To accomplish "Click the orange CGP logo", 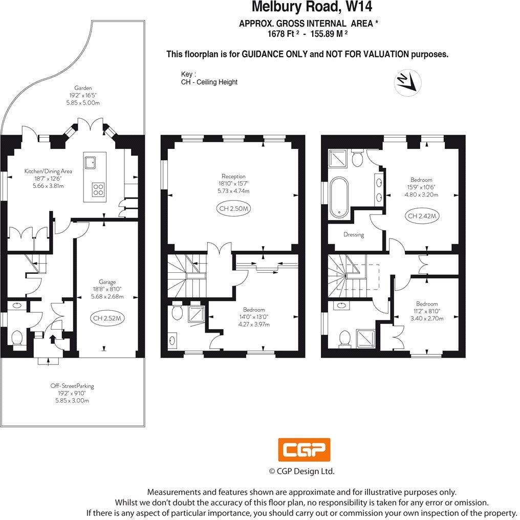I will tap(304, 450).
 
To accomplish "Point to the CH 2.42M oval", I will tap(423, 216).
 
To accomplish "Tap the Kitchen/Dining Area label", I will tap(48, 171).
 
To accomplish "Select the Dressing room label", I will tap(354, 235).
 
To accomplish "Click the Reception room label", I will tap(233, 176).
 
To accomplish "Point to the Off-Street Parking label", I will tap(72, 386).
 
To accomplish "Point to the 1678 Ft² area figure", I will tap(283, 34).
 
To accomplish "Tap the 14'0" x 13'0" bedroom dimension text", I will tap(254, 317).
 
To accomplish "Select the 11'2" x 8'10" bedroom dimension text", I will tap(427, 311).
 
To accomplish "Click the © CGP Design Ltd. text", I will tap(302, 471).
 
